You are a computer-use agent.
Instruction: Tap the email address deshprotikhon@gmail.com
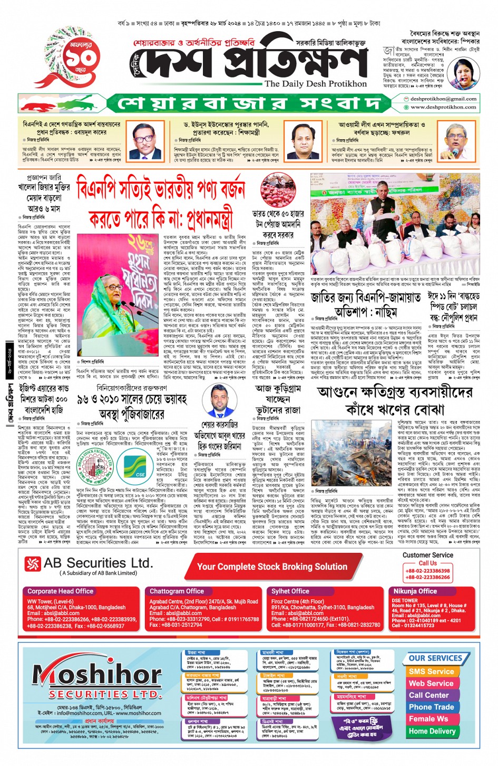tap(443, 99)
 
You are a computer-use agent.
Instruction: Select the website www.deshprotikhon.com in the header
tap(443, 107)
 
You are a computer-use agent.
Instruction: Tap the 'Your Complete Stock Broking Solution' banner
tap(272, 567)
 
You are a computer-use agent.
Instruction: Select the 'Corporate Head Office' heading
tap(60, 591)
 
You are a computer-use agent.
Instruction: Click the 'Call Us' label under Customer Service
tap(427, 563)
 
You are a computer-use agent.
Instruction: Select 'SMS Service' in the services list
tap(431, 672)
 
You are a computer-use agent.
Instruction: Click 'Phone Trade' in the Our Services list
tap(431, 707)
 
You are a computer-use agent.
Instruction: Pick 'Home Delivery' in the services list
tap(431, 731)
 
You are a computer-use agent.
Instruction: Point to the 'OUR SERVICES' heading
tap(435, 658)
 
